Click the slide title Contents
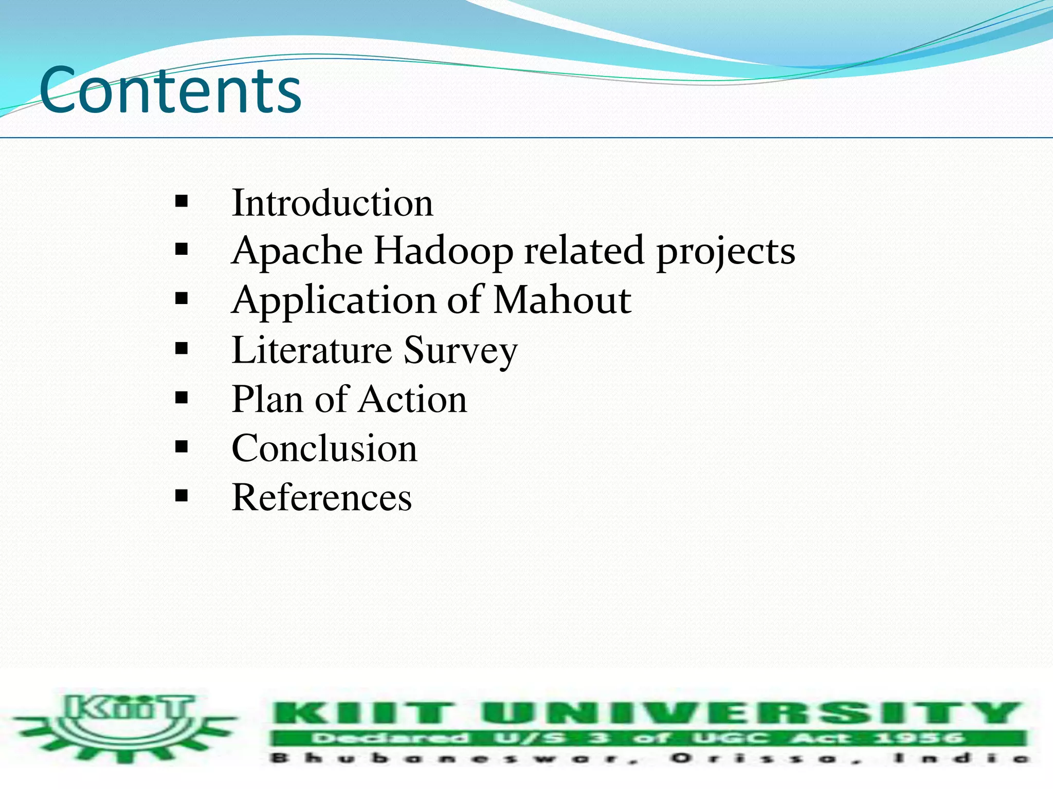[170, 90]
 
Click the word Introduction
[332, 203]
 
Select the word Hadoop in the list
[443, 251]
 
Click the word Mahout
[562, 300]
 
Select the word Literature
[312, 350]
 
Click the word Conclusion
[324, 448]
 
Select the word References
[322, 497]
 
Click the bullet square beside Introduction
[181, 201]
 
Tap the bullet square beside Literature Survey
[181, 349]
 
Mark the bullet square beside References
[181, 496]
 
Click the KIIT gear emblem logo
[125, 726]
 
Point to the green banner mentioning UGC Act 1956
[648, 739]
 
